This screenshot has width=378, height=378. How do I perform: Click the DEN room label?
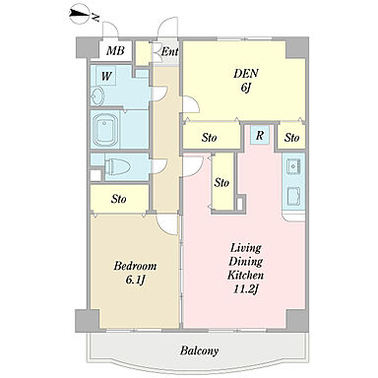[245, 74]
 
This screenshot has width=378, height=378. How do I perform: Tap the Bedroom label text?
[135, 266]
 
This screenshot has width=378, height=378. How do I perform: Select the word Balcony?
[199, 350]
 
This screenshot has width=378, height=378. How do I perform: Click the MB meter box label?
[115, 51]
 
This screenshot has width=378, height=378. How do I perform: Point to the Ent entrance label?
[169, 51]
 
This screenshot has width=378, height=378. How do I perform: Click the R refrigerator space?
[260, 135]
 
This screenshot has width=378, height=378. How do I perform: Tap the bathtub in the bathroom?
[105, 131]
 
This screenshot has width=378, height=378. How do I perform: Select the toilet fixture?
[117, 167]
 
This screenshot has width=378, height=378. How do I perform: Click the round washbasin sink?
[97, 96]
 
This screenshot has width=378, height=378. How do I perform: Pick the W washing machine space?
[105, 77]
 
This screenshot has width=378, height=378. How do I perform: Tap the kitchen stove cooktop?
[293, 196]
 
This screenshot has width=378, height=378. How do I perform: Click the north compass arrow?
[80, 15]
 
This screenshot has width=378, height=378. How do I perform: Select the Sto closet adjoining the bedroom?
[119, 199]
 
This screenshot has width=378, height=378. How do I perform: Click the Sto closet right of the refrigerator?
[291, 137]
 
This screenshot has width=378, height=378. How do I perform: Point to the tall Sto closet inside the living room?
[221, 182]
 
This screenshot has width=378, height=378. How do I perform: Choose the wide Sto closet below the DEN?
[210, 137]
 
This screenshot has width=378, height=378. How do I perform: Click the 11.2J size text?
[245, 289]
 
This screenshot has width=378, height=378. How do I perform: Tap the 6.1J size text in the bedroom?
[135, 280]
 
